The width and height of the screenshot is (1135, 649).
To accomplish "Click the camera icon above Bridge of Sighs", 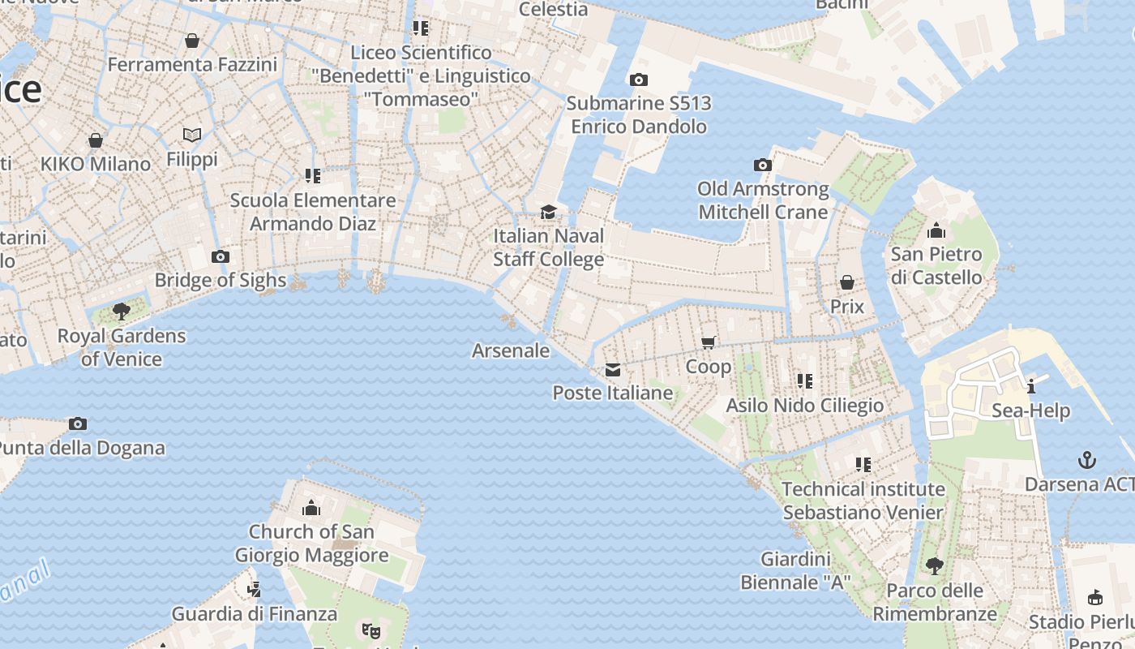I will [220, 257].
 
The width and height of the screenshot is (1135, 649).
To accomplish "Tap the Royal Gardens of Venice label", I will [122, 347].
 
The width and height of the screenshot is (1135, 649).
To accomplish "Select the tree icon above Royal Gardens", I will [122, 311].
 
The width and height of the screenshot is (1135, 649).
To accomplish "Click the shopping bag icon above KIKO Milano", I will [96, 140].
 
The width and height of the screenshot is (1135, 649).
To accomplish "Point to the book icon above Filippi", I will [192, 135].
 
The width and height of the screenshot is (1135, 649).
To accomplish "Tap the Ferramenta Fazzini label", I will [192, 64].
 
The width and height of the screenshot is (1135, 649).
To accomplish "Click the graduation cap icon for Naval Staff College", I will [549, 213].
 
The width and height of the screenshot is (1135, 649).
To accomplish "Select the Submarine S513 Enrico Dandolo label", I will [639, 114].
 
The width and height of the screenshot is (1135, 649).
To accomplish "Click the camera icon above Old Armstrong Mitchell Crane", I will [763, 165].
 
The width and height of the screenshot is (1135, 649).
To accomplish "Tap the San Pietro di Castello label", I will [936, 265].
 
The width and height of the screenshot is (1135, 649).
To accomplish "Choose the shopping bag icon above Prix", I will [847, 282].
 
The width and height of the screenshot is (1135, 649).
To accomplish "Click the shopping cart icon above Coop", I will [709, 342].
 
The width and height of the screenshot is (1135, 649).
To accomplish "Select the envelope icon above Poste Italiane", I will [613, 370].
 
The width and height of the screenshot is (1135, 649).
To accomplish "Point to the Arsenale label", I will [511, 350].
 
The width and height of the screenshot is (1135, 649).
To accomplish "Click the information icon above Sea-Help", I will [1031, 386].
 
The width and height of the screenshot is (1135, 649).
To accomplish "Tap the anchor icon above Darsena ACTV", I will [1087, 461].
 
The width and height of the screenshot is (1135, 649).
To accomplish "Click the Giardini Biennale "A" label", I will [795, 570].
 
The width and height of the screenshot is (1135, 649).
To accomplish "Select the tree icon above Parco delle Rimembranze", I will [935, 565].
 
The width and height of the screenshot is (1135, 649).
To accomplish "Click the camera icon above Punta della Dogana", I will [78, 423].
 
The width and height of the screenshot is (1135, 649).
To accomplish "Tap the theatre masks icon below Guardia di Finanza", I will [370, 630].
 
